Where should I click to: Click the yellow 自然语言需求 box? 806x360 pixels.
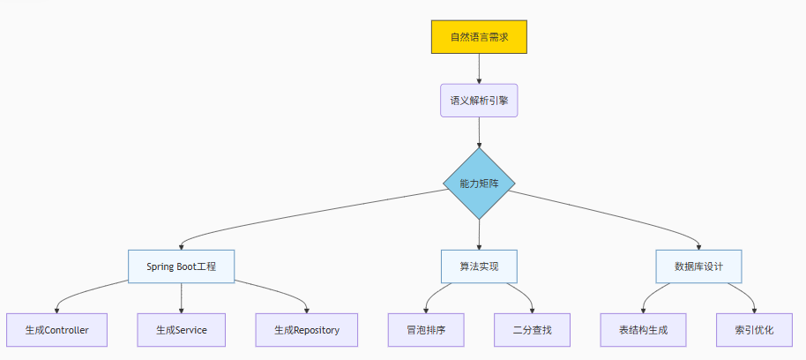tap(479, 37)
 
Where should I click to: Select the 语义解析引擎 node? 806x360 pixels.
tap(479, 101)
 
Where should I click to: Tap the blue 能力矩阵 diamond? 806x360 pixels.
tap(479, 184)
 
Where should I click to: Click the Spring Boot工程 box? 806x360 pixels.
tap(181, 266)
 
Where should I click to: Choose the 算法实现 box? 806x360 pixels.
tap(479, 266)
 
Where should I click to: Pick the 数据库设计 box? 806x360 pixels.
tap(699, 266)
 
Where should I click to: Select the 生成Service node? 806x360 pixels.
tap(181, 330)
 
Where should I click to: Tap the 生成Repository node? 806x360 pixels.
tap(306, 330)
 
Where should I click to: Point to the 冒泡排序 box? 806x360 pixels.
tap(426, 330)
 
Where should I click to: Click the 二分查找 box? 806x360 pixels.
tap(532, 330)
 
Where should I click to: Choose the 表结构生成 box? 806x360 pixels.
tap(645, 330)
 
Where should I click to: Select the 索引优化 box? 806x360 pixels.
tap(753, 330)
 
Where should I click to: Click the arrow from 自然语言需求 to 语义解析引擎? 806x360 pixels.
tap(479, 69)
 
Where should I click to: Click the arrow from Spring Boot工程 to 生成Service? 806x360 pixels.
tap(181, 297)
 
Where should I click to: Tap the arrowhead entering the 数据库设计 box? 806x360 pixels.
tap(699, 246)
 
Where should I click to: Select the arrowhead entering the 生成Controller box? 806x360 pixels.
tap(56, 310)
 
